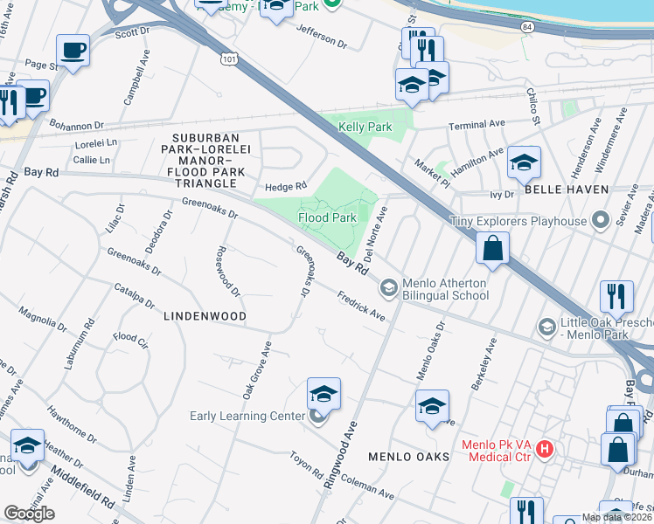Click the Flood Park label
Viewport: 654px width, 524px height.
point(327,217)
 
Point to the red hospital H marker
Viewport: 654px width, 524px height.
point(545,449)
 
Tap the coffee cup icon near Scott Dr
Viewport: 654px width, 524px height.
point(73,50)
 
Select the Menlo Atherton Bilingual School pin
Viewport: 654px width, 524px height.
point(388,286)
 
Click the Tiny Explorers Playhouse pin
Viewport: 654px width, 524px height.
point(600,220)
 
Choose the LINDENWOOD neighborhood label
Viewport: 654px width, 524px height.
point(205,315)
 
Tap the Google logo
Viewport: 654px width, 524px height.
point(29,514)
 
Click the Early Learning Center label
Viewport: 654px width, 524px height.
point(247,416)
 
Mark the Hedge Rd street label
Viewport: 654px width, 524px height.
point(286,186)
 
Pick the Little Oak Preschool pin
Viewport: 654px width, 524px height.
point(547,327)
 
